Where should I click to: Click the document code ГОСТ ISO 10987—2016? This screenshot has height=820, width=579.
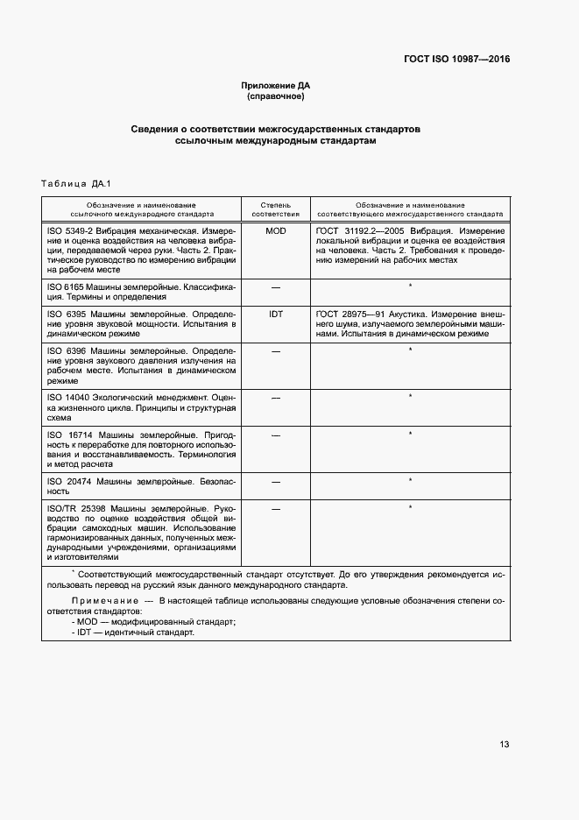(x=456, y=60)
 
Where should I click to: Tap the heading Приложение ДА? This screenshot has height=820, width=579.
(x=276, y=85)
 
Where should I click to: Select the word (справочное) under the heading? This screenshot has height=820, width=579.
(x=276, y=96)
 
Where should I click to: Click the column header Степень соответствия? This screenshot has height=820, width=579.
(x=276, y=208)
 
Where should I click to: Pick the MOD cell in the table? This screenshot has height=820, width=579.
(x=276, y=230)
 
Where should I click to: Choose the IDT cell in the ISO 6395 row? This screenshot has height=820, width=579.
(x=276, y=313)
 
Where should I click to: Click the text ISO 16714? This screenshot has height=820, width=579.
(x=67, y=435)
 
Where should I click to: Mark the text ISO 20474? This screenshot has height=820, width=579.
(x=67, y=482)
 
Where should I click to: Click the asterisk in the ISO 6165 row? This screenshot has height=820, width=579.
(x=410, y=286)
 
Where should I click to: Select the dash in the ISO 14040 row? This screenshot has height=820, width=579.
(x=276, y=398)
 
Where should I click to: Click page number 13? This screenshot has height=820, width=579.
(x=505, y=745)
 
